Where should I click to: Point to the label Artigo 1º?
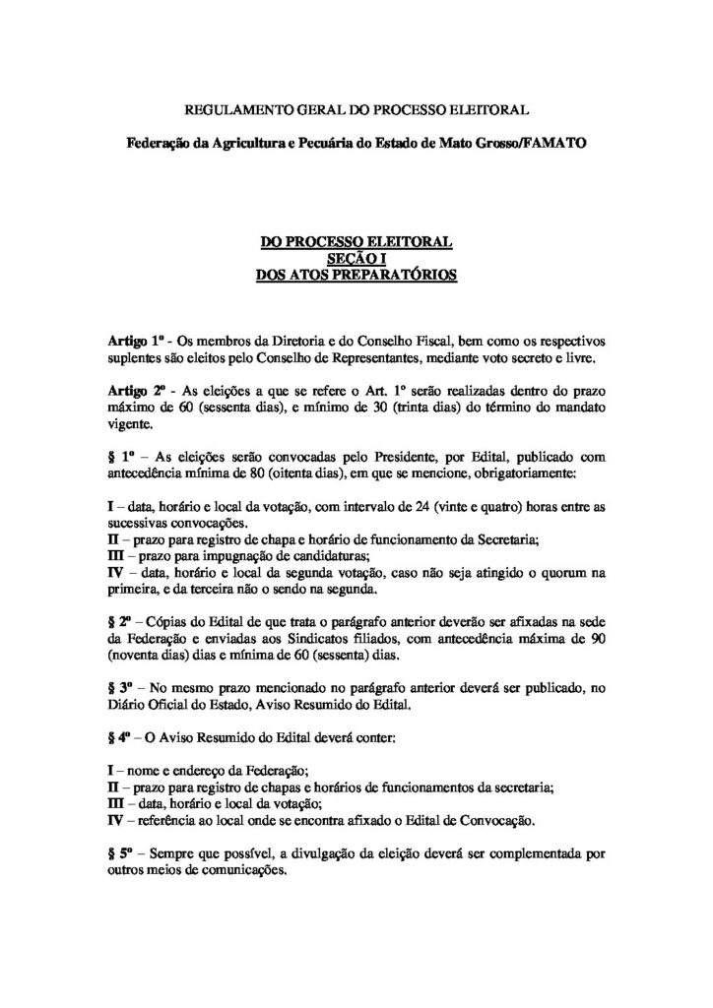[x=134, y=340]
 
